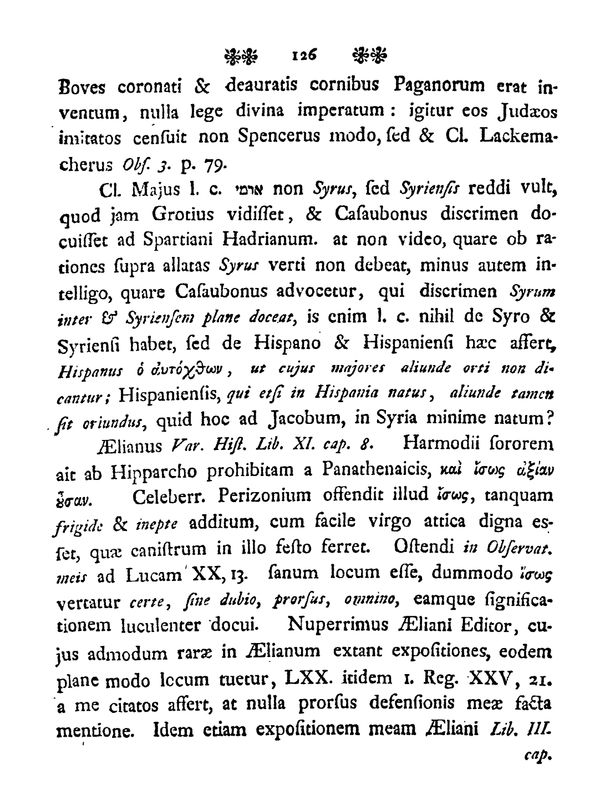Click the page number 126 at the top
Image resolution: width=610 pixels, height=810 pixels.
(303, 55)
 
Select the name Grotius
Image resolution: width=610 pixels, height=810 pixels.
(184, 215)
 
